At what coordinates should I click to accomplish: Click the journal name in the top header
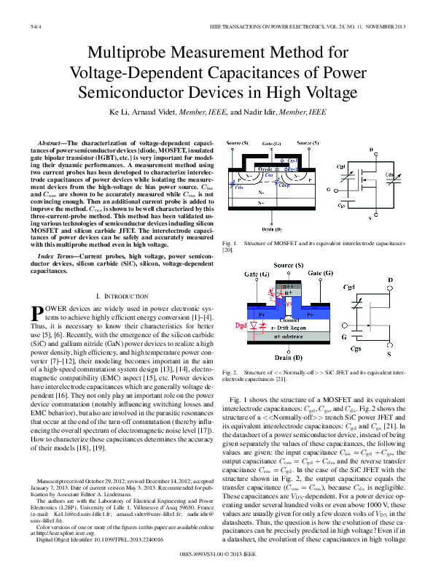(294, 25)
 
